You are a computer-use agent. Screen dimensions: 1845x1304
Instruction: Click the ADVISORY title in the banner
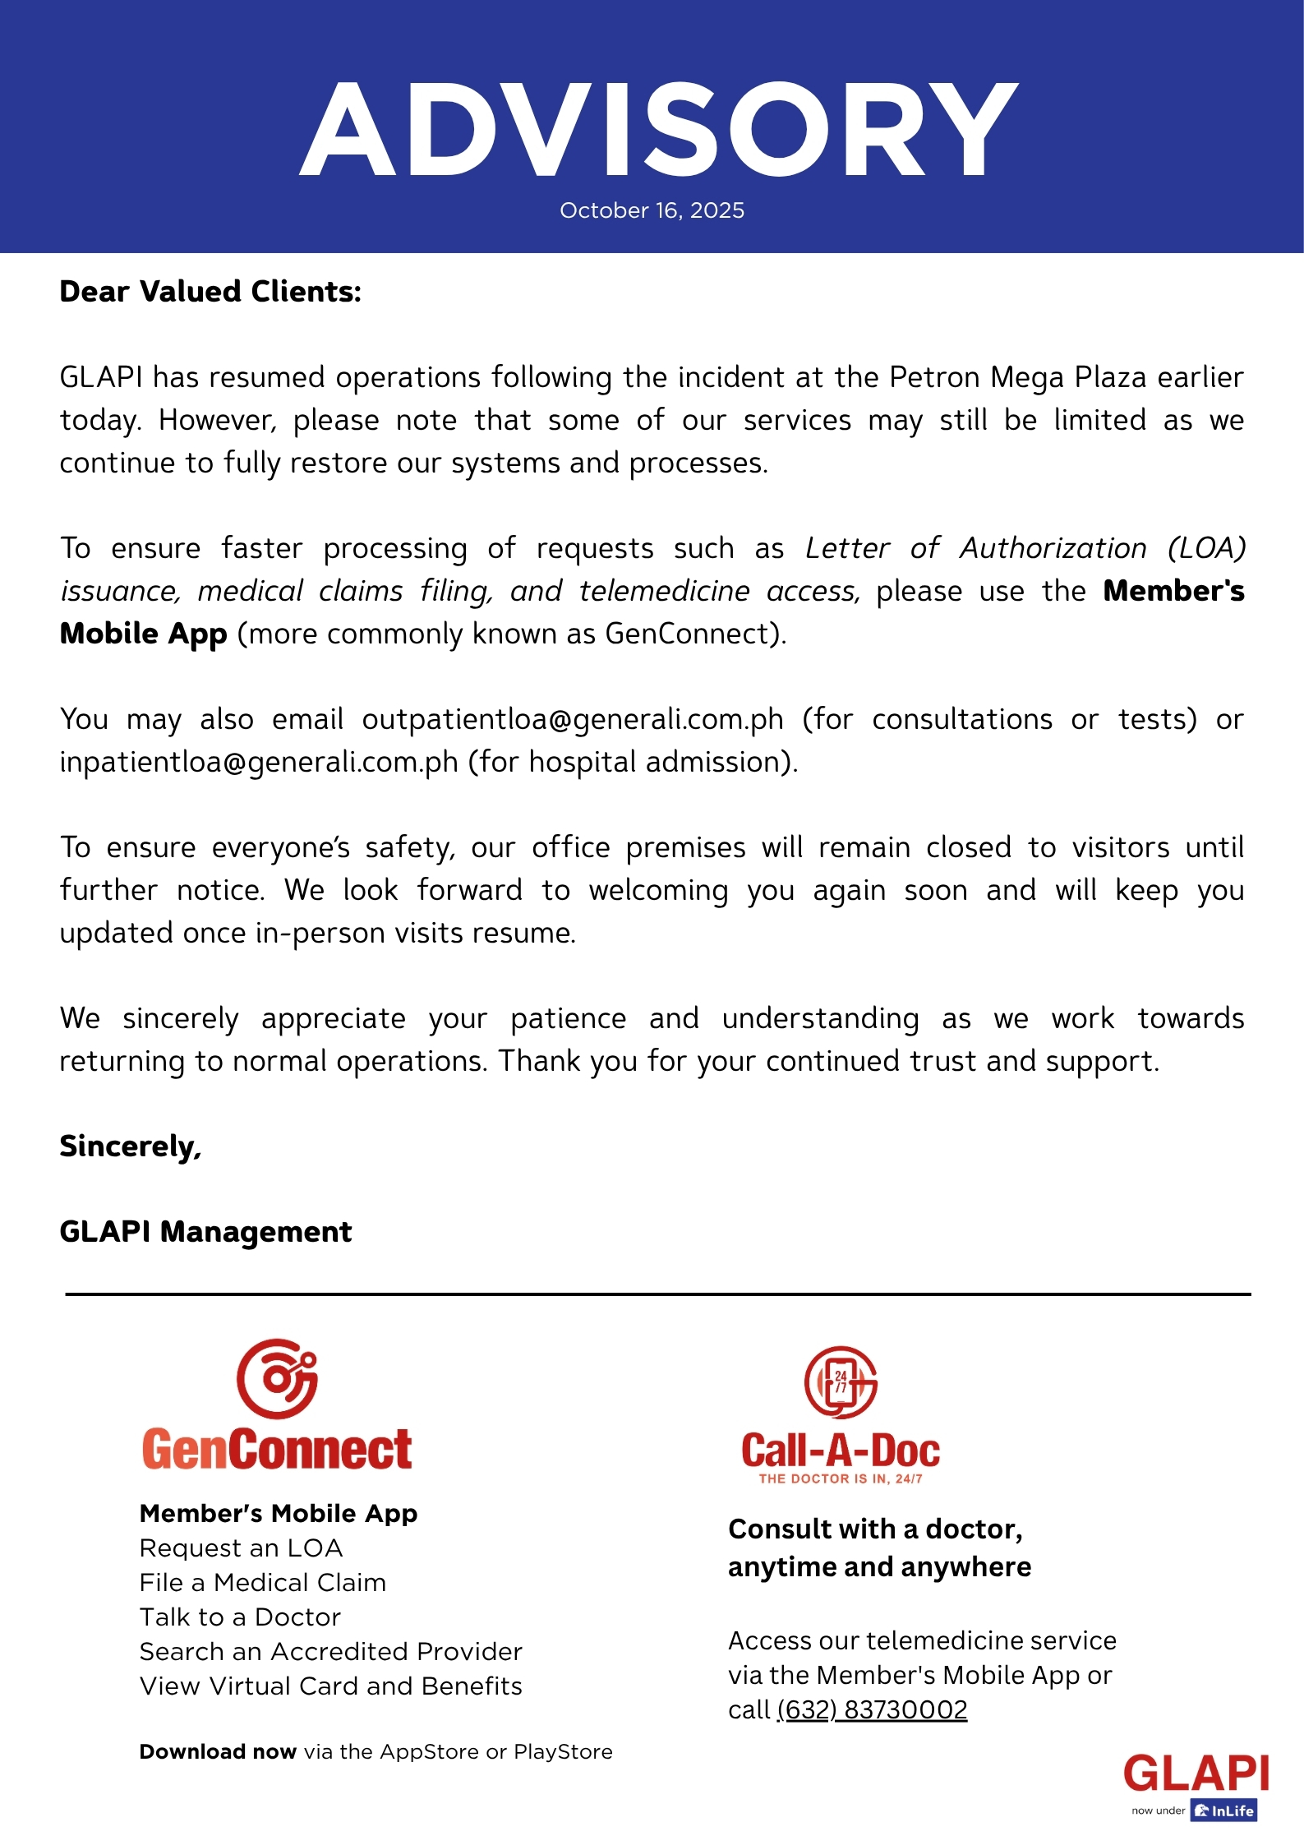click(x=657, y=130)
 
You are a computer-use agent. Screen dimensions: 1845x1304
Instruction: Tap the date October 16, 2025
click(x=652, y=210)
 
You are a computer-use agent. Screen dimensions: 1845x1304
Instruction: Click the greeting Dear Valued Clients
click(x=210, y=292)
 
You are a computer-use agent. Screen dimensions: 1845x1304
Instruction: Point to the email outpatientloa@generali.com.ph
click(x=573, y=719)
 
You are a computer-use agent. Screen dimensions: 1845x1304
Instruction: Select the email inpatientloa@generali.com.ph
click(x=259, y=762)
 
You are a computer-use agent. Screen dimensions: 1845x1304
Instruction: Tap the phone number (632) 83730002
click(x=873, y=1709)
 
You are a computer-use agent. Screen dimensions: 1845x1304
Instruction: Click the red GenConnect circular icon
click(x=278, y=1378)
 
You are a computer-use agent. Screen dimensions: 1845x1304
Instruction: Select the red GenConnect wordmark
click(x=277, y=1450)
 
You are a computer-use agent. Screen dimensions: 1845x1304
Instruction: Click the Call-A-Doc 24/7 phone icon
click(x=841, y=1382)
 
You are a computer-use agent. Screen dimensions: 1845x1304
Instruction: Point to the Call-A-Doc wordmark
click(x=841, y=1451)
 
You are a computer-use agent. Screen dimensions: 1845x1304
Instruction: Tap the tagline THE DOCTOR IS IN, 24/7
click(x=841, y=1478)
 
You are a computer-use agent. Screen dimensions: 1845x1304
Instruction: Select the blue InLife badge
click(x=1224, y=1810)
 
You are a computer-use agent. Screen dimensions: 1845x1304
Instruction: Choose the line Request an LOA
click(x=241, y=1548)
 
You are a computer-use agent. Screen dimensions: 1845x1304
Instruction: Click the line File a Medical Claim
click(x=263, y=1583)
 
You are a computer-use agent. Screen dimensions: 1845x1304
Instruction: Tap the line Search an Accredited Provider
click(x=331, y=1652)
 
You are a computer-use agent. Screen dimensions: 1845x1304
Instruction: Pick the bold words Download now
click(x=218, y=1751)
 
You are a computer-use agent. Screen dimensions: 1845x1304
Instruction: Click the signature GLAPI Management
click(x=205, y=1232)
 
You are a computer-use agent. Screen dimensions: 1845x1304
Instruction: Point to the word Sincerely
click(x=130, y=1146)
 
